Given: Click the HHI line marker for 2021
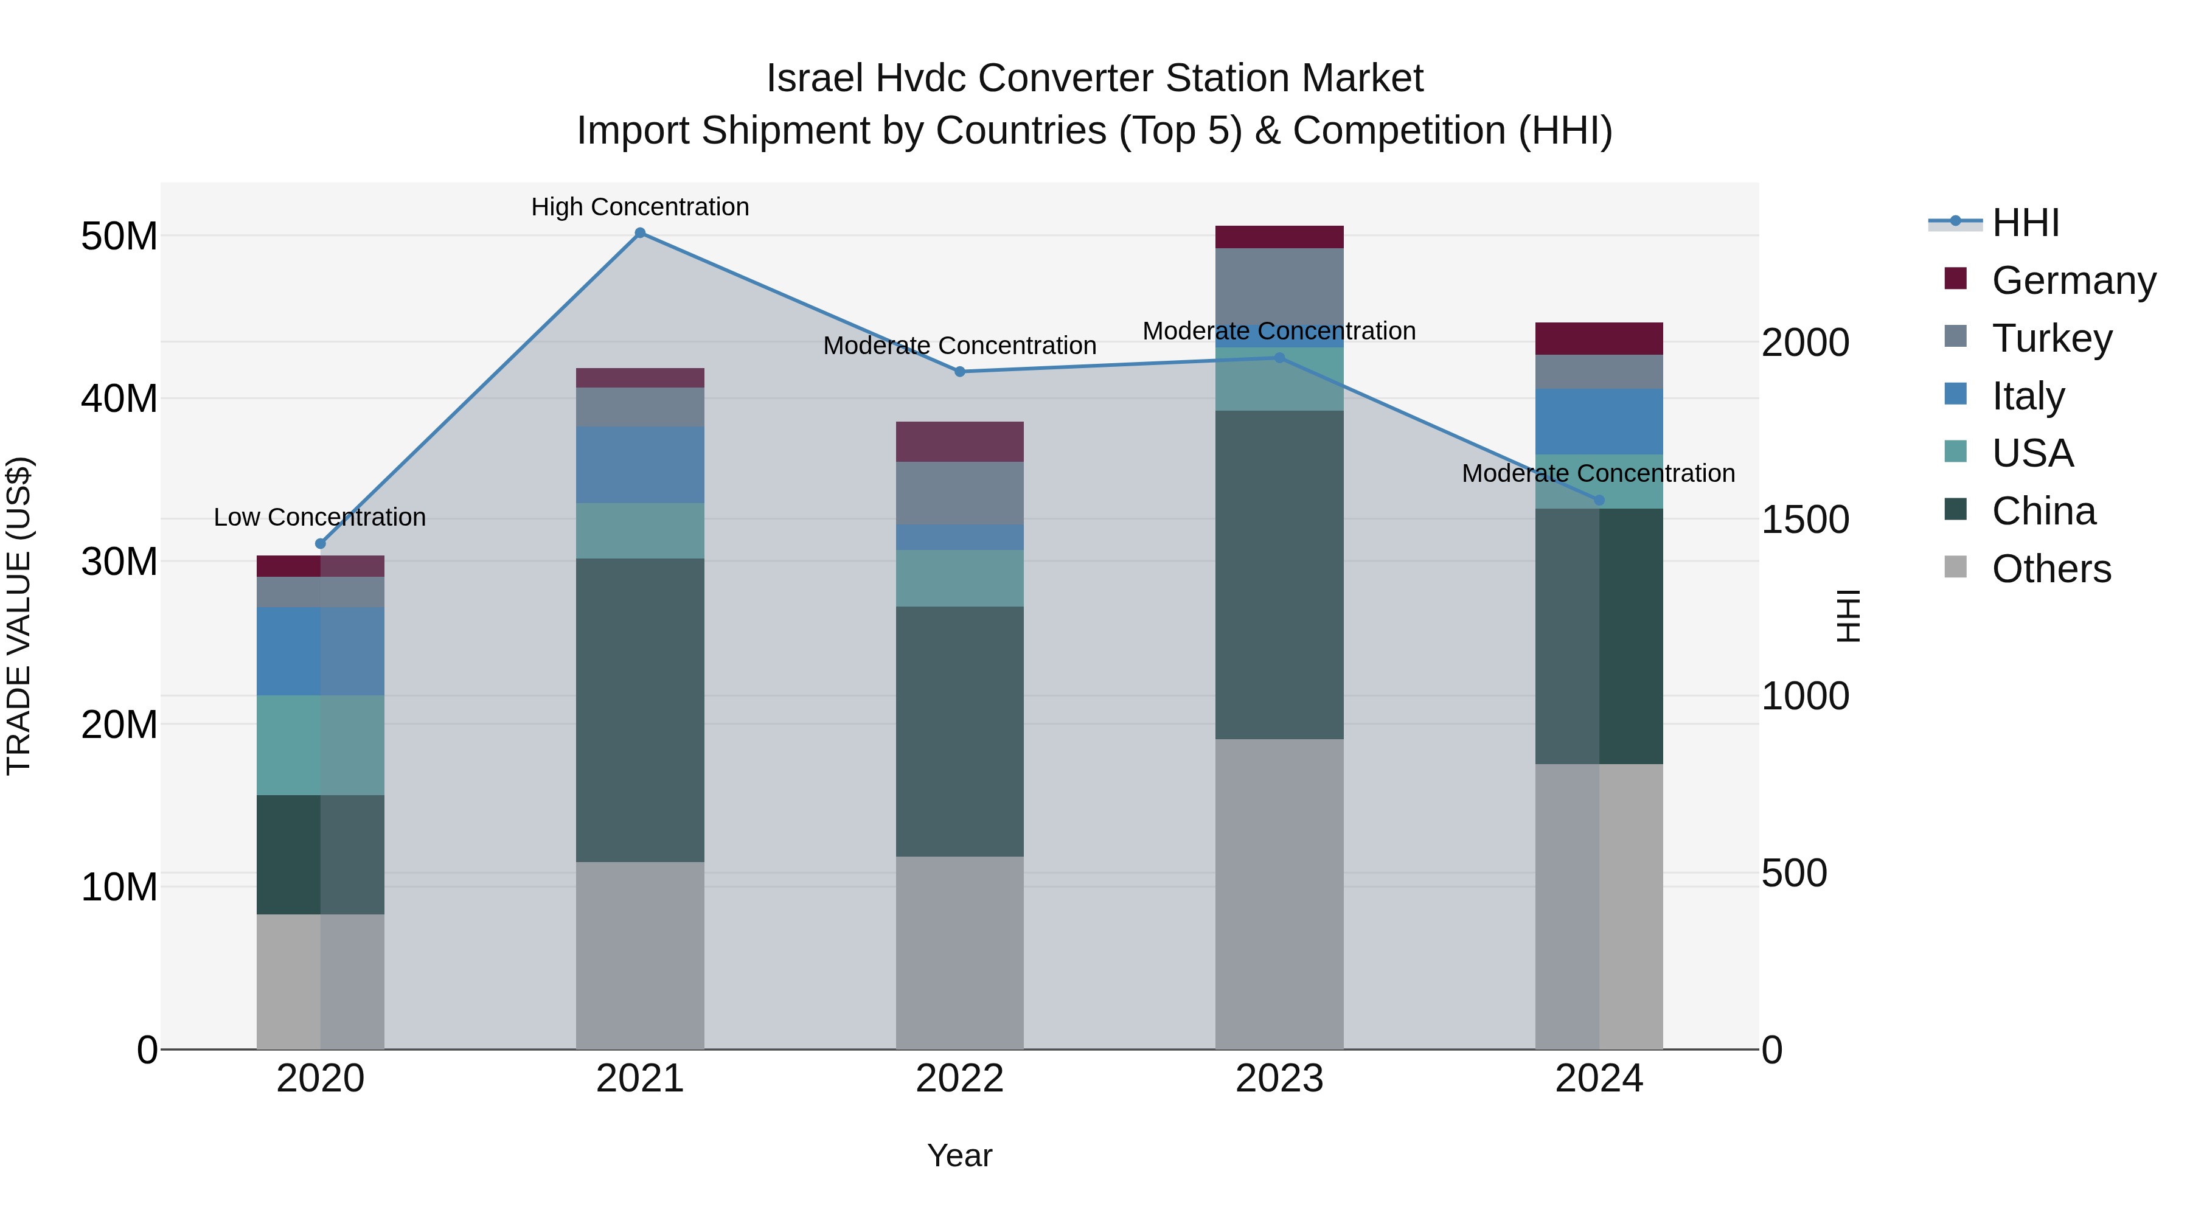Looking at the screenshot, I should (640, 233).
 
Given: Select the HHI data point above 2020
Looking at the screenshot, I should (321, 544).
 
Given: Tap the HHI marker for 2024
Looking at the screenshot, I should (1599, 500).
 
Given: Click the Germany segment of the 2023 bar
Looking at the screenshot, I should (1279, 237).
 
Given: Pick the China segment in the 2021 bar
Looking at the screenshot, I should (640, 710).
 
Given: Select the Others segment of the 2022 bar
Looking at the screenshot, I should (960, 952).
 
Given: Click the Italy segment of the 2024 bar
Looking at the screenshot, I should (1599, 422).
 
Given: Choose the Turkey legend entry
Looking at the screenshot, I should (2051, 338).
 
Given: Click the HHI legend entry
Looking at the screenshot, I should (2025, 223).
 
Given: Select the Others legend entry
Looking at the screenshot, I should (2051, 569).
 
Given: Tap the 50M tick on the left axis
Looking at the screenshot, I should (119, 237).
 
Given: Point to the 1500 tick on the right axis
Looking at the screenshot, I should (1805, 520).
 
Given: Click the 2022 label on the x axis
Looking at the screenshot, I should (960, 1079).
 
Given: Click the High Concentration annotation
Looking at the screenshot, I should (640, 207).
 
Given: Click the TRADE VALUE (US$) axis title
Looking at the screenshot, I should (19, 616).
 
